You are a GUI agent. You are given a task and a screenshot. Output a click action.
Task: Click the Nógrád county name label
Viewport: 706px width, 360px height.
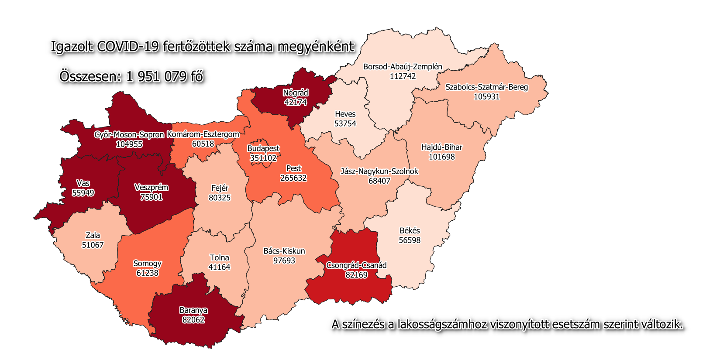(296, 93)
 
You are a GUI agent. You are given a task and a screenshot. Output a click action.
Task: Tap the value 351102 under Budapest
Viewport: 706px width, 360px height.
(263, 158)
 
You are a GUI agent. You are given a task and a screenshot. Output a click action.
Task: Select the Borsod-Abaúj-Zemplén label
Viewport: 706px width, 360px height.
(403, 67)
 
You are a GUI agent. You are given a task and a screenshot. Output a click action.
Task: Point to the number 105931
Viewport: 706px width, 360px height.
(486, 96)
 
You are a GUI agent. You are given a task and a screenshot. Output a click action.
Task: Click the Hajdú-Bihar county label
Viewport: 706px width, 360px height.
(441, 147)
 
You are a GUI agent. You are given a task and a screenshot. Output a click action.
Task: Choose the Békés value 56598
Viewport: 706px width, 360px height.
(410, 240)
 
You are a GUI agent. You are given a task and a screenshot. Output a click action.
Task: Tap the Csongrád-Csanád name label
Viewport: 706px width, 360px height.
(356, 265)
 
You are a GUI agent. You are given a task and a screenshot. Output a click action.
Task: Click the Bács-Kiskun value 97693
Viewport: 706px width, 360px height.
(284, 261)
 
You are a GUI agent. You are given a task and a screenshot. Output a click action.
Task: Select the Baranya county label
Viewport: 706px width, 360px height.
(193, 310)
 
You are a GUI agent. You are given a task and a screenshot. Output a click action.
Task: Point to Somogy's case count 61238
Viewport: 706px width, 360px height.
(147, 273)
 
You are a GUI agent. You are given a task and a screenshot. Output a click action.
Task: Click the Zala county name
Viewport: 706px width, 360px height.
(93, 235)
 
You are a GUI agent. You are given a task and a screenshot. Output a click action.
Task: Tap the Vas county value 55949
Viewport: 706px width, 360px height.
(83, 192)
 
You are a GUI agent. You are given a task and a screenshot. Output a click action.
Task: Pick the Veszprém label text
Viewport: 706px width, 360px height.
(151, 188)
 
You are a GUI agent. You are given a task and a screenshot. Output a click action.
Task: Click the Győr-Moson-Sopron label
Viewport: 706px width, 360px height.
(129, 135)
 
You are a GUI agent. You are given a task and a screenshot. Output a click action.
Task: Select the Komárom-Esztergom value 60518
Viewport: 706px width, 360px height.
(203, 144)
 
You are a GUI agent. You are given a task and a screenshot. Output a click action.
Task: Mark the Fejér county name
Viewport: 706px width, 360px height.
(220, 188)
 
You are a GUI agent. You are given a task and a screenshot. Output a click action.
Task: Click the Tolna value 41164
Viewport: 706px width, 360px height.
(219, 267)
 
